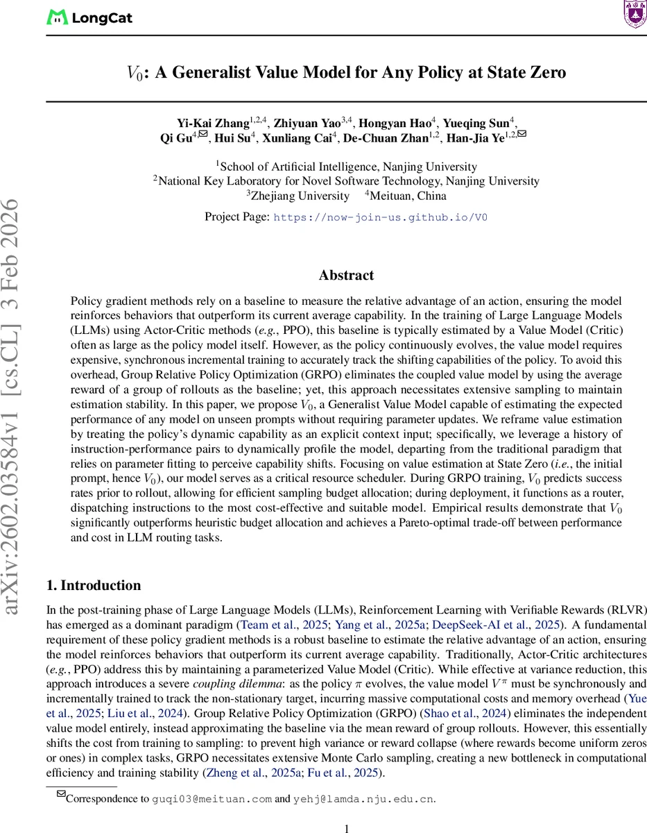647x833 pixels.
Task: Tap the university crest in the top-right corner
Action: [633, 14]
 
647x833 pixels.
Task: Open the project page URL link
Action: [381, 217]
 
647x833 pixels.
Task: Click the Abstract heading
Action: [346, 276]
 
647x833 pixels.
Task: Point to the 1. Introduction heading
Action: [94, 585]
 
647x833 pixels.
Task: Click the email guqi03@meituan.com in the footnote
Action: [212, 799]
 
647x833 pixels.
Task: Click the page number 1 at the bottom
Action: [346, 827]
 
